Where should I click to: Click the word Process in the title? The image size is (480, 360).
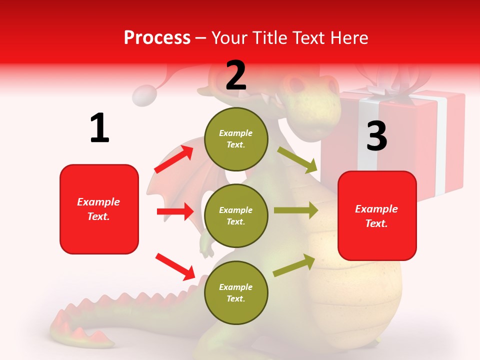pyautogui.click(x=157, y=37)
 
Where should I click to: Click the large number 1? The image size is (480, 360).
pyautogui.click(x=99, y=128)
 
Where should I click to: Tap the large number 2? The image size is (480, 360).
pyautogui.click(x=236, y=75)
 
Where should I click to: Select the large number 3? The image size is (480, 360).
pyautogui.click(x=376, y=136)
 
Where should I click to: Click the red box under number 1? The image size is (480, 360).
pyautogui.click(x=99, y=209)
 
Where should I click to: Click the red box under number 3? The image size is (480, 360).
pyautogui.click(x=377, y=216)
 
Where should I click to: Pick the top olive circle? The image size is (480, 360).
pyautogui.click(x=236, y=139)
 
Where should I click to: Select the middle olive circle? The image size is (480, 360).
pyautogui.click(x=236, y=215)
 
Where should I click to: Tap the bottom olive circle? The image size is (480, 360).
pyautogui.click(x=236, y=292)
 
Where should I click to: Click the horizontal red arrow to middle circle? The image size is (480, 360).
pyautogui.click(x=175, y=211)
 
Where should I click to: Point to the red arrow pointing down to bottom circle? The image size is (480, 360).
pyautogui.click(x=175, y=266)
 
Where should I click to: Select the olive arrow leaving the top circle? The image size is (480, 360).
pyautogui.click(x=298, y=159)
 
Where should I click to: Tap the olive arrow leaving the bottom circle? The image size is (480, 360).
pyautogui.click(x=294, y=265)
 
